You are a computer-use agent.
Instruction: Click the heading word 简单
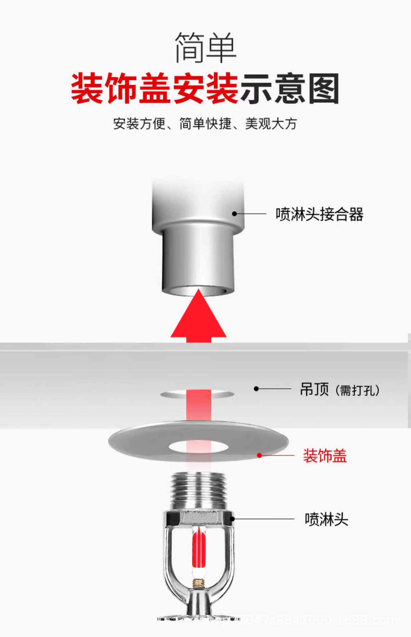click(205, 47)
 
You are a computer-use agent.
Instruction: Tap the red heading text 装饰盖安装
click(155, 89)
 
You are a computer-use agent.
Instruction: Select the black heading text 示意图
click(289, 89)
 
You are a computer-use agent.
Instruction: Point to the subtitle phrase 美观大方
click(271, 124)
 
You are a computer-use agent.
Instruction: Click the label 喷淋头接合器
click(319, 214)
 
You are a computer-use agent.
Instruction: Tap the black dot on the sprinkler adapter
click(234, 214)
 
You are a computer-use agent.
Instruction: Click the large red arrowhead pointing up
click(199, 315)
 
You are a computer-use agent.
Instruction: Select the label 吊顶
click(314, 389)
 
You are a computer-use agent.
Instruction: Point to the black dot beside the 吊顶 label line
click(256, 389)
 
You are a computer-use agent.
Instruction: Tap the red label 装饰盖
click(325, 456)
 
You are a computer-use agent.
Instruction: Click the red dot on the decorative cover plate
click(260, 455)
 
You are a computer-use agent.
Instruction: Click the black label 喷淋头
click(326, 519)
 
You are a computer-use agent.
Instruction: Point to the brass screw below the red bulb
click(199, 582)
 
